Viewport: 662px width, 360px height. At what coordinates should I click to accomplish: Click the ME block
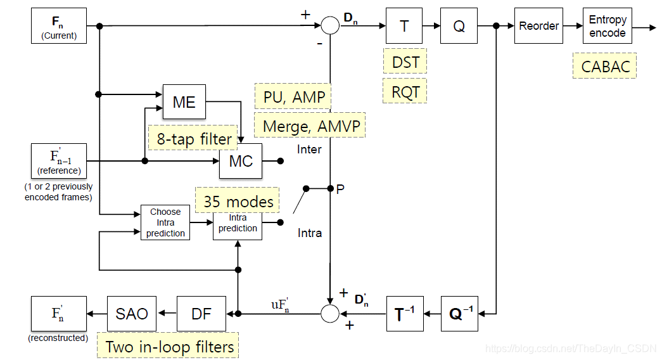(184, 101)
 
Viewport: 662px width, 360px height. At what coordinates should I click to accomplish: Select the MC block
(241, 161)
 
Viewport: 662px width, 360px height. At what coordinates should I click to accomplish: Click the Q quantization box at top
(459, 26)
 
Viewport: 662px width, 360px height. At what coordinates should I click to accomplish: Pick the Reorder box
(538, 26)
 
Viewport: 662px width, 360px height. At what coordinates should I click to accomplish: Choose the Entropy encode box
(607, 26)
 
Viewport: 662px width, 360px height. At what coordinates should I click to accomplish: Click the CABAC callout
(604, 66)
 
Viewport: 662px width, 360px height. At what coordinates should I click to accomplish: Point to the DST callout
(405, 62)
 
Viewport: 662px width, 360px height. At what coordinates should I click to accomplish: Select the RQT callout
(405, 91)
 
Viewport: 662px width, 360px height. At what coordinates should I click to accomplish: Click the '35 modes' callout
(238, 202)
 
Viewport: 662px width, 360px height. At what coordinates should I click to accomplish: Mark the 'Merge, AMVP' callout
(311, 125)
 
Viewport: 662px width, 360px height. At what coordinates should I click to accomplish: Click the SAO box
(132, 313)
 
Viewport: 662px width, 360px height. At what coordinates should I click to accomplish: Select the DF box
(201, 313)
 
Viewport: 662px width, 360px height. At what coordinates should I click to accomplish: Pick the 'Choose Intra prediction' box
(165, 223)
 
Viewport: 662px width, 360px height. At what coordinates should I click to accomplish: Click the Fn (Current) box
(59, 26)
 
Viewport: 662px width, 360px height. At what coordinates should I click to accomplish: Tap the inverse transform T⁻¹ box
(405, 313)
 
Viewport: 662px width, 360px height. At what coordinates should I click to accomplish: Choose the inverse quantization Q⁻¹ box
(459, 313)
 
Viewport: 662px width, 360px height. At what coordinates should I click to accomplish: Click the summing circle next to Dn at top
(330, 26)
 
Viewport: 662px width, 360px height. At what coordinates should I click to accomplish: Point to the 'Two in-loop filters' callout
(169, 346)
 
